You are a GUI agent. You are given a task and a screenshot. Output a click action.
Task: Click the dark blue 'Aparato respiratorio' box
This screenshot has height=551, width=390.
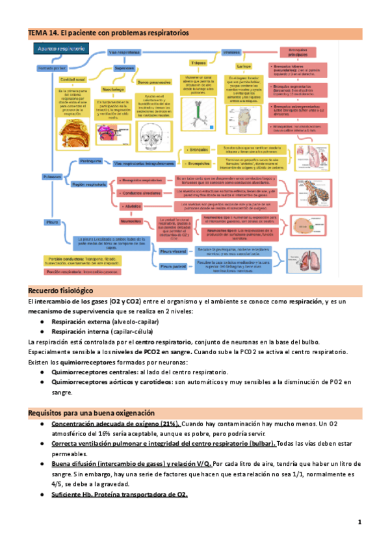point(60,49)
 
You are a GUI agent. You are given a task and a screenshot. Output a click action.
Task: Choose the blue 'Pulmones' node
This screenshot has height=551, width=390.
point(52,177)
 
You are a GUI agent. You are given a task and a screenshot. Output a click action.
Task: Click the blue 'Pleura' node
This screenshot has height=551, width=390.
point(52,222)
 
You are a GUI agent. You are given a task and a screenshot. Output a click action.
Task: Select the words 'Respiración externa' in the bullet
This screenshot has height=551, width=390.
point(81,322)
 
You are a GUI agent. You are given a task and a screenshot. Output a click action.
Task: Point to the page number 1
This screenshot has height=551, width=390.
point(359,522)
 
